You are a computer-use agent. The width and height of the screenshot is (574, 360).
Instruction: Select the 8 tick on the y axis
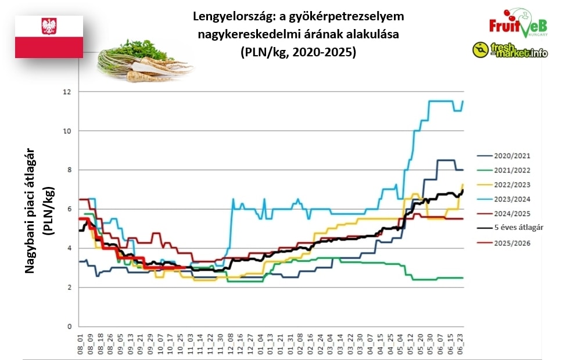[69, 170]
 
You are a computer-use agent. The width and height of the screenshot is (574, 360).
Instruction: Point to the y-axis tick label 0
[69, 326]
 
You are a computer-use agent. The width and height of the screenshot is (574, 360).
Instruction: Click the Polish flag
[49, 37]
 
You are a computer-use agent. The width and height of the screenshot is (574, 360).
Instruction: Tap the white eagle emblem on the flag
[49, 26]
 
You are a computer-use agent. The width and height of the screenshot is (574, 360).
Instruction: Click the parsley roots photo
[142, 61]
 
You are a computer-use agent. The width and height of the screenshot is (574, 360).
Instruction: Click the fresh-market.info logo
[510, 51]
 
